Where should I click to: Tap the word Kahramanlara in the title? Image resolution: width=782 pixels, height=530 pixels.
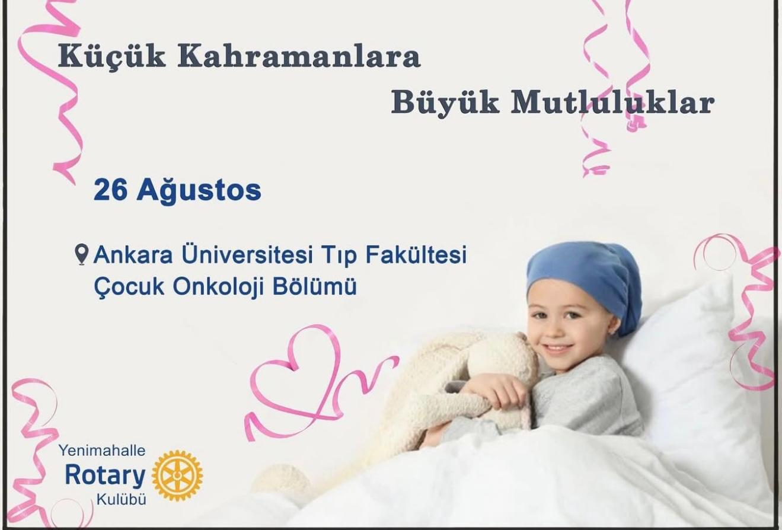(x=299, y=56)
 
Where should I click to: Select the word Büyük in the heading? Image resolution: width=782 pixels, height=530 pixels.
(x=445, y=104)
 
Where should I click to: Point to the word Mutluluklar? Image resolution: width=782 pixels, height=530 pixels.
(x=612, y=103)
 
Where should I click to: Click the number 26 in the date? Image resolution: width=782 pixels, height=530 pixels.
(x=110, y=191)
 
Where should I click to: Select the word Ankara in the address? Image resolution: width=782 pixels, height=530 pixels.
(x=133, y=255)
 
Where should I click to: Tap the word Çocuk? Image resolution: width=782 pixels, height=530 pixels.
(x=129, y=288)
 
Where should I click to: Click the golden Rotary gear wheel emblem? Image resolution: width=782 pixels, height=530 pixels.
(x=177, y=475)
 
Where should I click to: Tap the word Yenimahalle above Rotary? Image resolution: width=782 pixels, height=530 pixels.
(x=102, y=451)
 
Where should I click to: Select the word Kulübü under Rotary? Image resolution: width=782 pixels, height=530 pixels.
(x=122, y=500)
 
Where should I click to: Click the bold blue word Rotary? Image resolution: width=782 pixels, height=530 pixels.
(x=105, y=476)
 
